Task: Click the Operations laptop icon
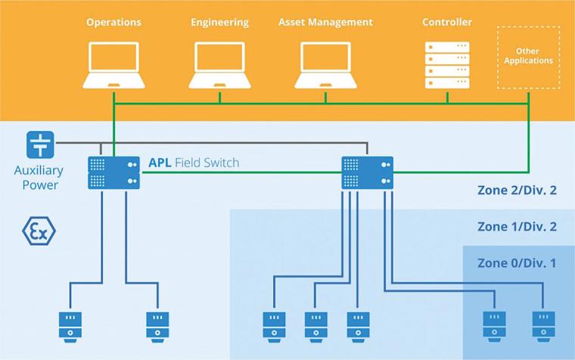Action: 113,65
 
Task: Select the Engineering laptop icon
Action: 220,65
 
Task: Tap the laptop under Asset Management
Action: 325,65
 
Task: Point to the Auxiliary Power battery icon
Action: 37,143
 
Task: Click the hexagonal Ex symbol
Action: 37,231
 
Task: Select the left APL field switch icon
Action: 113,172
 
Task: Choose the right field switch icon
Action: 368,172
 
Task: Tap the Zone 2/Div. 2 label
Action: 517,190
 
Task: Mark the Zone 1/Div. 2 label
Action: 517,226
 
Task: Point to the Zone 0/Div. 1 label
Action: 517,262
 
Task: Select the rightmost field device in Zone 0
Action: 542,324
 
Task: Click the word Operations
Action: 113,22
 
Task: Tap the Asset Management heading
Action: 325,22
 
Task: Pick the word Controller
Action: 447,22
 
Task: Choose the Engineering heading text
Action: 220,22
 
